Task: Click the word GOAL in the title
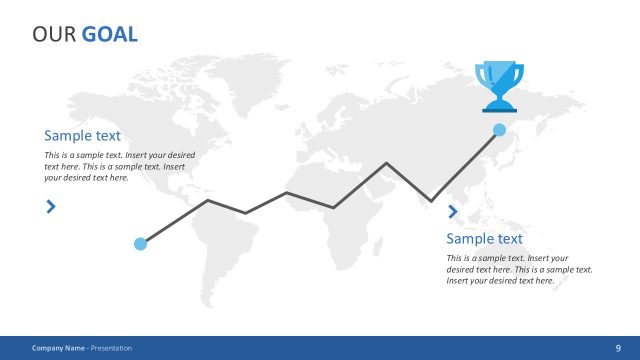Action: click(110, 35)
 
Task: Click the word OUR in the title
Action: click(54, 35)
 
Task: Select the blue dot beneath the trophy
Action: click(499, 130)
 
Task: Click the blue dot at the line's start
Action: click(141, 243)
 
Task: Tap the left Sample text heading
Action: click(82, 135)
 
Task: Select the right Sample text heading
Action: click(484, 238)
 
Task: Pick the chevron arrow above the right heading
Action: click(453, 211)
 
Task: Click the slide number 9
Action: click(618, 348)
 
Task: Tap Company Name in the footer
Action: click(58, 348)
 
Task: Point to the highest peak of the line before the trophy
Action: click(387, 163)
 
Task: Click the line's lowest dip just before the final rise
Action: click(432, 201)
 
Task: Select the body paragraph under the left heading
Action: click(119, 167)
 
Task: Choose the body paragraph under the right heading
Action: click(519, 269)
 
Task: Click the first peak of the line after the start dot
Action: click(208, 201)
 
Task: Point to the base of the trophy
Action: click(498, 106)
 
